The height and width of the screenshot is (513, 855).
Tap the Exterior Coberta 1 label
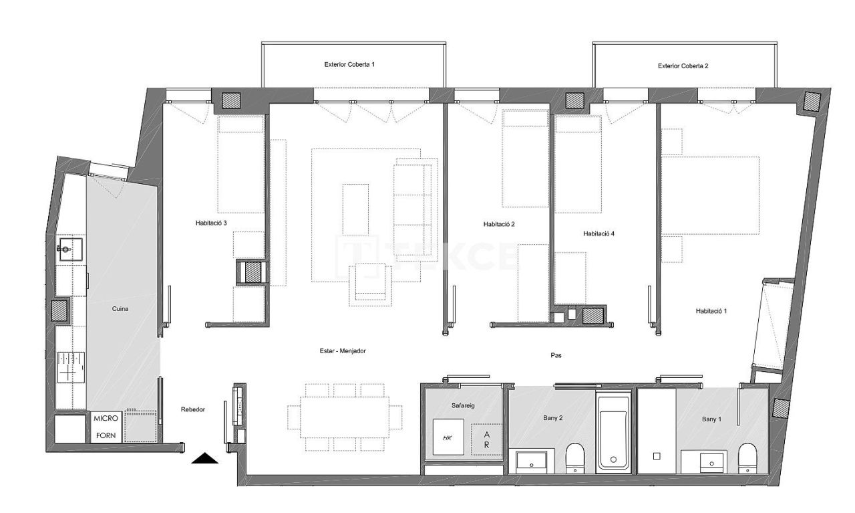pos(349,65)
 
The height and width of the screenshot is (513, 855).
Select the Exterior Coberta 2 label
pos(683,66)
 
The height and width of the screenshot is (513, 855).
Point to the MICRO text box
pos(106,418)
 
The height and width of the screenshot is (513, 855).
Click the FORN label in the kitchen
pos(106,435)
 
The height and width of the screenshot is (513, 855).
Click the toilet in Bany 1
pos(747,459)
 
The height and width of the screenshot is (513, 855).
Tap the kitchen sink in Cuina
pos(69,250)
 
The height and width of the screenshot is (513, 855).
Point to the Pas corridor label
pos(556,355)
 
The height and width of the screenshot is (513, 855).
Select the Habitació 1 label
pos(711,311)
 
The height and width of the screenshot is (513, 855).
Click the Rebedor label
pos(193,410)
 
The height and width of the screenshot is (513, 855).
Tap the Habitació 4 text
pos(598,233)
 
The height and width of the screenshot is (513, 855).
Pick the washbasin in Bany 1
pos(703,461)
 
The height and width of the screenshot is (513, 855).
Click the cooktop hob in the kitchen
pos(70,367)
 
